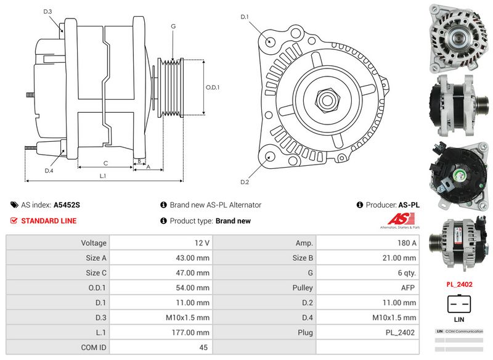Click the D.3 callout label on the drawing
pos(48,12)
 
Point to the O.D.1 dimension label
pos(213,87)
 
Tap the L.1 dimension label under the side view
pos(103,176)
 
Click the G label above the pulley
pos(174,26)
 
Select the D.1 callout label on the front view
pos(245,17)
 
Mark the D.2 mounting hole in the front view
pos(270,157)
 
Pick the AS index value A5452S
pos(67,205)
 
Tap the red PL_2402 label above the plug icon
pos(459,285)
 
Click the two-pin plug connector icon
pos(459,305)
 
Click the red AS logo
pos(401,219)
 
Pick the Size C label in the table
pos(96,273)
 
